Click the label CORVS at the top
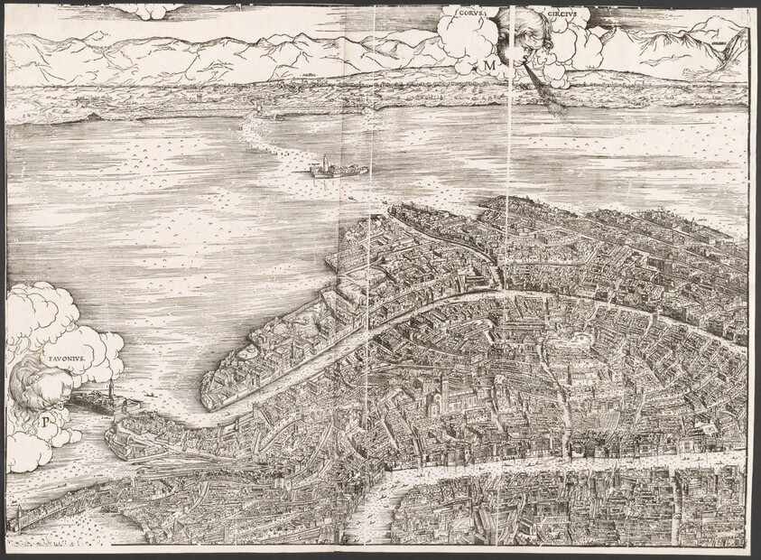[x=473, y=14]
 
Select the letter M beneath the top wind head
[x=488, y=65]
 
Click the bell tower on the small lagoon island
[x=319, y=163]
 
